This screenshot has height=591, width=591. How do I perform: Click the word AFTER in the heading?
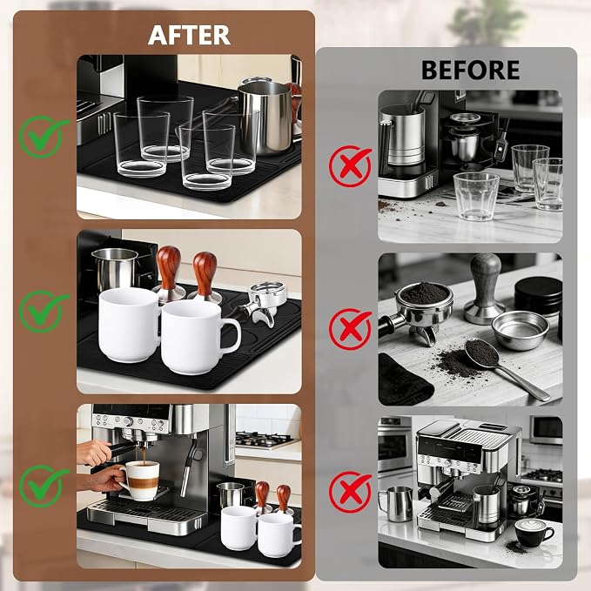click(x=189, y=35)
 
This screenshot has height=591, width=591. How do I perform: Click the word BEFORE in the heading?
click(x=470, y=71)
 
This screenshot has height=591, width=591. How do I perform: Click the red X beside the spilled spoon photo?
click(x=349, y=329)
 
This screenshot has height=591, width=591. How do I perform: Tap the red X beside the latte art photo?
click(x=349, y=492)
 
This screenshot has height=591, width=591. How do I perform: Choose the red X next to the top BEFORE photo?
click(x=349, y=166)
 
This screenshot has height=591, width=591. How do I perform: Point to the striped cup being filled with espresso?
click(x=142, y=481)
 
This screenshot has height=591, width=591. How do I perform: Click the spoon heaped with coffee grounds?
click(x=501, y=365)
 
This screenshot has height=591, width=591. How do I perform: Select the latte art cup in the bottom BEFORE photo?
click(x=533, y=532)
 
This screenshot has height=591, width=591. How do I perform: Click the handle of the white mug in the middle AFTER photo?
click(x=231, y=335)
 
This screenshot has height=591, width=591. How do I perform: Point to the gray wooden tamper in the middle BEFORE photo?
click(x=485, y=288)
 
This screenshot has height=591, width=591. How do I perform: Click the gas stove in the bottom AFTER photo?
click(x=265, y=440)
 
